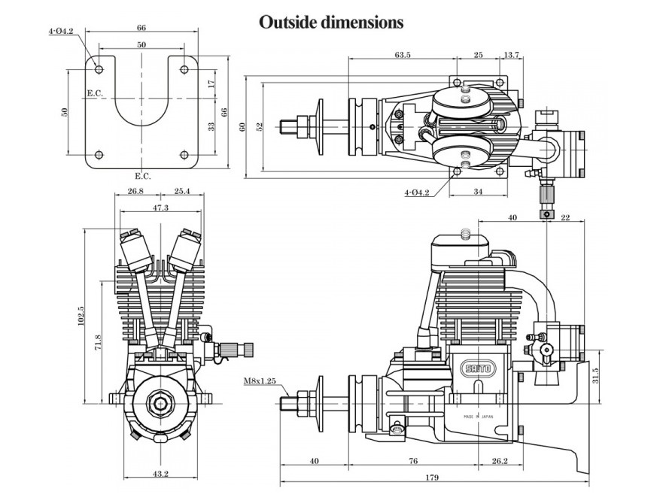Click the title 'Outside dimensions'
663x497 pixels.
click(x=331, y=22)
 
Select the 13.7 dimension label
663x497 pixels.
click(x=511, y=55)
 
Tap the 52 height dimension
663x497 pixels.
click(x=260, y=127)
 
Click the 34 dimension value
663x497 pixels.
click(x=479, y=192)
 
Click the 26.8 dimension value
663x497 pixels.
click(x=135, y=192)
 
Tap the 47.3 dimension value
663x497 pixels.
click(x=159, y=208)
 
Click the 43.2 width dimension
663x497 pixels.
click(x=160, y=474)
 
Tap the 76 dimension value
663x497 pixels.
click(x=413, y=461)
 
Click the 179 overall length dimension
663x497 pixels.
click(x=430, y=477)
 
